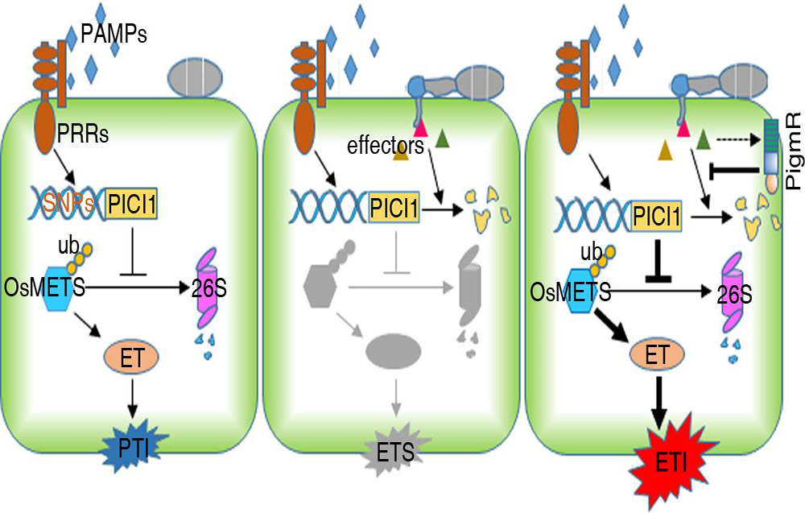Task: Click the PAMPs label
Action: [x=114, y=35]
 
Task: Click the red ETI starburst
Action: [x=663, y=461]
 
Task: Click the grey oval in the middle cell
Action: [x=394, y=351]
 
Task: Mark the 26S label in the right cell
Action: [x=735, y=294]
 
